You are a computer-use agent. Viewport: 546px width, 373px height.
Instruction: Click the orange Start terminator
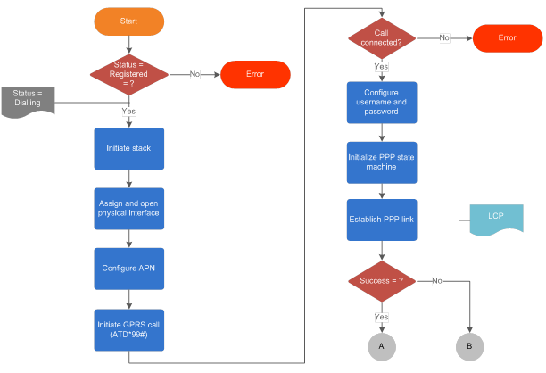129,20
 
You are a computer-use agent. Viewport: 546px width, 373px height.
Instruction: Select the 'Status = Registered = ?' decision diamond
129,73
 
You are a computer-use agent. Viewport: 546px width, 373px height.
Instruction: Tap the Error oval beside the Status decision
256,74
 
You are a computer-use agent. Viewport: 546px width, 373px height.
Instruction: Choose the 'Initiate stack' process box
129,149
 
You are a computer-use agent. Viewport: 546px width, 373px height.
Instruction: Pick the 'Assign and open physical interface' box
129,208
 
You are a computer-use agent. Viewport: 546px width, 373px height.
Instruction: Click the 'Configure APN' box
129,268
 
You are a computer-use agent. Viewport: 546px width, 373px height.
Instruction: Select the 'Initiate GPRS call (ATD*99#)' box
129,329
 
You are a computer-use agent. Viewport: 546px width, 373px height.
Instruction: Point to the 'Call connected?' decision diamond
382,38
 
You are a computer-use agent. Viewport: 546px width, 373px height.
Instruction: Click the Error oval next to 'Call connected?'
507,38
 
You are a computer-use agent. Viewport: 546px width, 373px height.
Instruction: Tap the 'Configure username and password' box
382,103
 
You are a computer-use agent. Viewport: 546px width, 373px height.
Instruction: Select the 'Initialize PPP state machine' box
382,162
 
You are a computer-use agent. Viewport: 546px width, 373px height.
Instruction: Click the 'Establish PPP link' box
382,220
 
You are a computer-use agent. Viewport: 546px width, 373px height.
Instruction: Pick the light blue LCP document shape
496,219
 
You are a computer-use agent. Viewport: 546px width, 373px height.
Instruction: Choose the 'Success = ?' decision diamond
382,281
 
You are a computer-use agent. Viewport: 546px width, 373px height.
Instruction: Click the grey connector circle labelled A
382,344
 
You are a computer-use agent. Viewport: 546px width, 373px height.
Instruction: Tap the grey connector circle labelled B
469,344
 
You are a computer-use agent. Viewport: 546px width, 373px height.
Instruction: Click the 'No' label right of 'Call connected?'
443,38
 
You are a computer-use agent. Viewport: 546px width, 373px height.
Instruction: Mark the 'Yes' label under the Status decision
129,111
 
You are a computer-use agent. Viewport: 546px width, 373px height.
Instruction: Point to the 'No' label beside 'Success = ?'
437,281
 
